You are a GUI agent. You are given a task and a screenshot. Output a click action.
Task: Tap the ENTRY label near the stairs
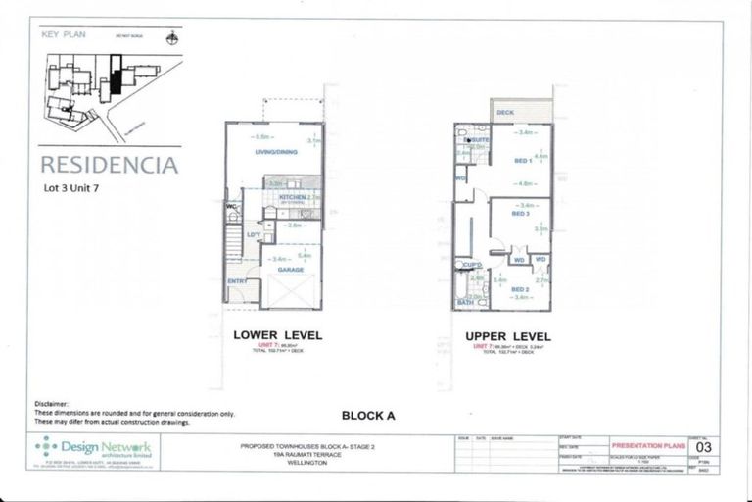point(238,281)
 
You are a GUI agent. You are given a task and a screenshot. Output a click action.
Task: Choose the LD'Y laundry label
point(254,234)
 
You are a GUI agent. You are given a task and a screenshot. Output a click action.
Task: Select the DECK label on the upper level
point(505,113)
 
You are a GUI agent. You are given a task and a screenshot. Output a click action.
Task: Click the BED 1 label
point(522,160)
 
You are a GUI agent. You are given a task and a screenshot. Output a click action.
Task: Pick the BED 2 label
point(520,289)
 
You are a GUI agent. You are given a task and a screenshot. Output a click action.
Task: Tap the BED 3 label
point(519,214)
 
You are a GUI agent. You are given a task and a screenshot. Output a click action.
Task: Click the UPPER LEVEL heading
point(509,336)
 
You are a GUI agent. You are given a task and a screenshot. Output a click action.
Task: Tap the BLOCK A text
point(368,415)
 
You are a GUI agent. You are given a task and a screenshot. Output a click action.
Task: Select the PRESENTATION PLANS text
point(642,444)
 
